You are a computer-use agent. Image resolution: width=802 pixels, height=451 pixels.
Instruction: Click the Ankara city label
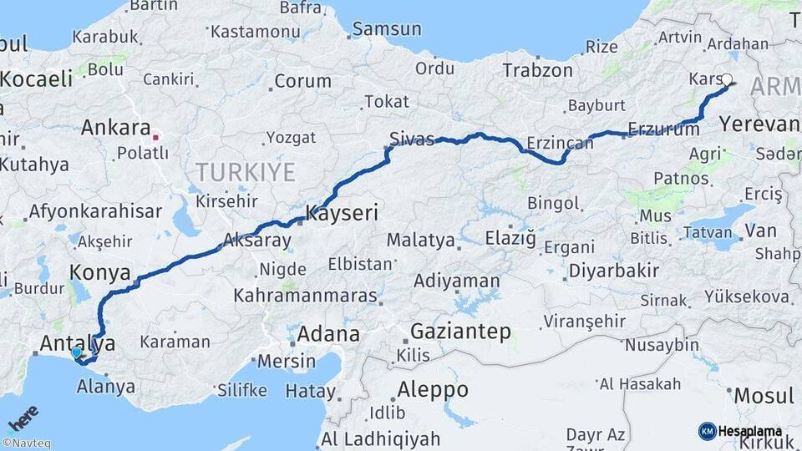click(115, 129)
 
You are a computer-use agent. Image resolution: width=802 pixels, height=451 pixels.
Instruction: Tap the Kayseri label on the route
click(342, 213)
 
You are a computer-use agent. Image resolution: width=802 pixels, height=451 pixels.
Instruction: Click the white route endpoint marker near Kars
click(727, 81)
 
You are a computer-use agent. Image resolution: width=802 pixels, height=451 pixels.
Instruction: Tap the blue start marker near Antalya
click(77, 352)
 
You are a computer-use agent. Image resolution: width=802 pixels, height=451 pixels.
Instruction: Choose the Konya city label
click(99, 272)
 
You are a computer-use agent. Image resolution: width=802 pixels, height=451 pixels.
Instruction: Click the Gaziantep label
click(460, 332)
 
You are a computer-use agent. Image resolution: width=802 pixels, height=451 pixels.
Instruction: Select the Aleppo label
click(432, 389)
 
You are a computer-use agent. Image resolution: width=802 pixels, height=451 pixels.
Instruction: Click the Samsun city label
click(387, 29)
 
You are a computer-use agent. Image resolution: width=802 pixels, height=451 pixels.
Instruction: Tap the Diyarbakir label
click(614, 271)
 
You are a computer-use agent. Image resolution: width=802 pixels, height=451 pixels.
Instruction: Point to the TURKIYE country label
click(246, 173)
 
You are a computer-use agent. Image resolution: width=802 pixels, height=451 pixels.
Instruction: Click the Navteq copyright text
click(26, 443)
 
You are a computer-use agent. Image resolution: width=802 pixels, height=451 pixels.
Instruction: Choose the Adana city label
click(328, 335)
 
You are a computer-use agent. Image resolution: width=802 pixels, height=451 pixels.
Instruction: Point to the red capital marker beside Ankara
click(155, 130)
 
